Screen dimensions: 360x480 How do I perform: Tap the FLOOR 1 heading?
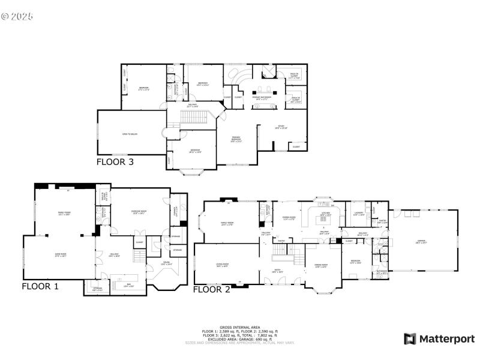(x=40, y=286)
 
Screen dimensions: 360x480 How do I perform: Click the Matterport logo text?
(x=446, y=339)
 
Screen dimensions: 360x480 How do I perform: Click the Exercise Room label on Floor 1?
(x=139, y=212)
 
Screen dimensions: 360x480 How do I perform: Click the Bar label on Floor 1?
(x=127, y=286)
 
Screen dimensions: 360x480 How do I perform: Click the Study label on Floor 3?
(x=281, y=128)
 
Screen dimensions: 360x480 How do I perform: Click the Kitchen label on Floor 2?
(x=325, y=214)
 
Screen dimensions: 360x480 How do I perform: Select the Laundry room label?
(x=359, y=214)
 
